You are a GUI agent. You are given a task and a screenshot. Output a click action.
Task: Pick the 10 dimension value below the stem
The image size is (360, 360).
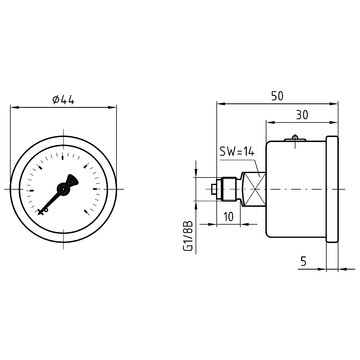pyautogui.click(x=229, y=217)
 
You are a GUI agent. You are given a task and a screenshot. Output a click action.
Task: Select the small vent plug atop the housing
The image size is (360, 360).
pyautogui.click(x=293, y=139)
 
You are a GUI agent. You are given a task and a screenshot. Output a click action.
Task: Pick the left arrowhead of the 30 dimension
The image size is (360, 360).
pyautogui.click(x=267, y=122)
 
